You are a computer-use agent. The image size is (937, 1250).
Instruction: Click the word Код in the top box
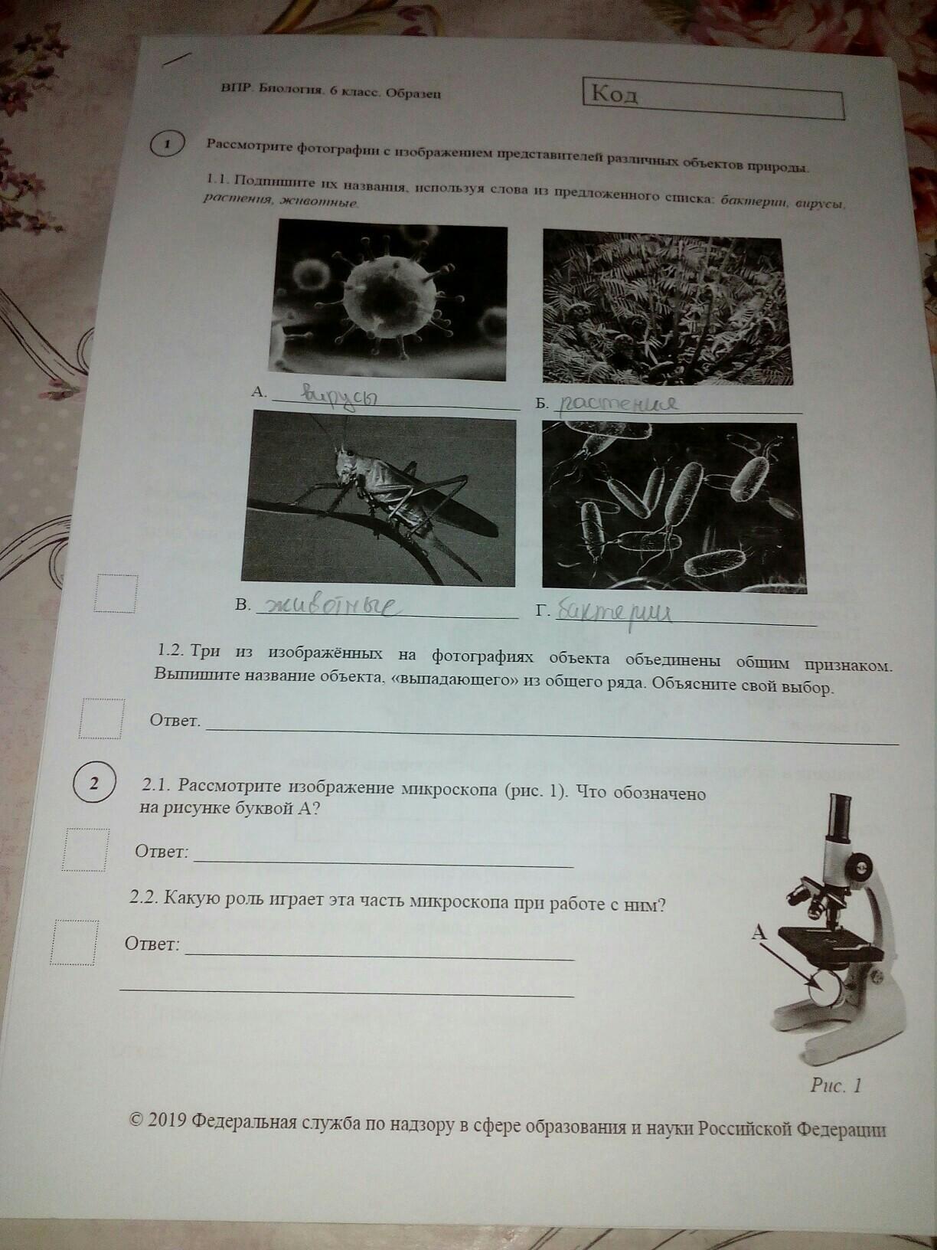[x=615, y=95]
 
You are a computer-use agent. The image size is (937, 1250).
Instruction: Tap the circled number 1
[x=167, y=144]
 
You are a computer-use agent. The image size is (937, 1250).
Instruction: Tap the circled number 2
[x=94, y=784]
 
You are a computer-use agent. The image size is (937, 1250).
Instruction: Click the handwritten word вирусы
[x=340, y=394]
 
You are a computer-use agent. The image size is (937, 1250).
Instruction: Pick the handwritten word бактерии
[x=614, y=614]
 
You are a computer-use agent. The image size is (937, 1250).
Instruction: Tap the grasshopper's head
[x=344, y=459]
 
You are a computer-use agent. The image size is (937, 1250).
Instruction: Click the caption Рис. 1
[x=836, y=1085]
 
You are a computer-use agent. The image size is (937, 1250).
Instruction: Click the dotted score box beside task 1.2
[x=101, y=718]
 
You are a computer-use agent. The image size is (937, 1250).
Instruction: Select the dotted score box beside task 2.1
[x=85, y=849]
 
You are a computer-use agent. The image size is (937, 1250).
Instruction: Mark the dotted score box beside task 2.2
[x=74, y=943]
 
